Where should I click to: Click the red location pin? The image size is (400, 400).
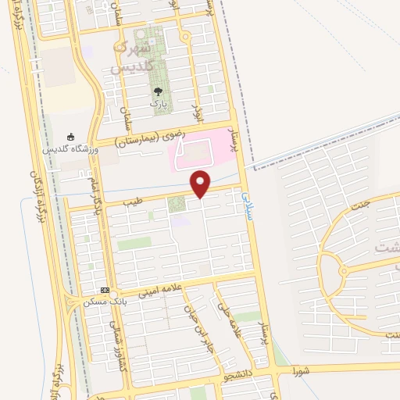click(202, 184)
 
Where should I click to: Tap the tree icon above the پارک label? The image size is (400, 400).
click(159, 91)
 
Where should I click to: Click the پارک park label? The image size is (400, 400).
click(159, 103)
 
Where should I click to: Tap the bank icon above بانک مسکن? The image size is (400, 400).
click(105, 291)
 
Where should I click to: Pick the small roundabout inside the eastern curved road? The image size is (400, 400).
click(342, 271)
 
